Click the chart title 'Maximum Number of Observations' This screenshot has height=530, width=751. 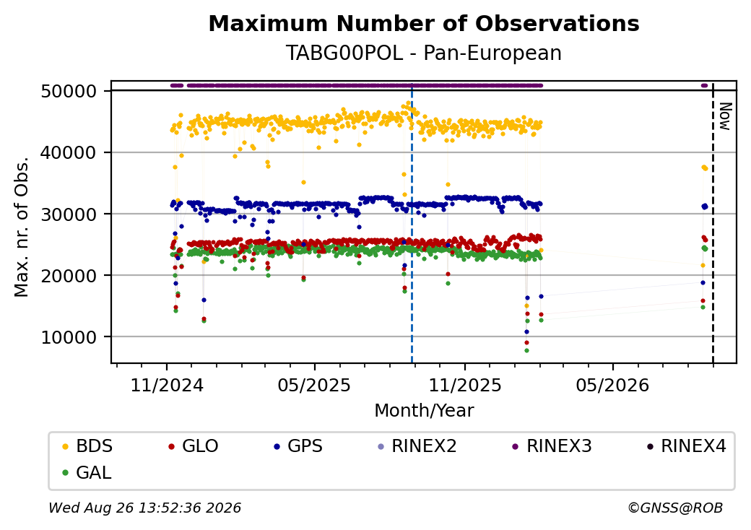(x=424, y=23)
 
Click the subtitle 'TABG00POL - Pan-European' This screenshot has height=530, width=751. (x=424, y=53)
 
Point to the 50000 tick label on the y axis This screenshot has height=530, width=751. (x=69, y=91)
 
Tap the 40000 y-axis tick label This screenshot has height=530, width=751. (x=69, y=153)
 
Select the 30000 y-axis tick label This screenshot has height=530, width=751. (x=69, y=214)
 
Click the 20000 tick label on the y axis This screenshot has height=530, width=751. (x=69, y=276)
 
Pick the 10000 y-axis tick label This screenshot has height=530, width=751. (x=69, y=337)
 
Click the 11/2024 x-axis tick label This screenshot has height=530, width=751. (x=167, y=385)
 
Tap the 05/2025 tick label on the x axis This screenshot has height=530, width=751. (x=314, y=385)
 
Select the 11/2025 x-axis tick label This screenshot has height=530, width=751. (x=464, y=385)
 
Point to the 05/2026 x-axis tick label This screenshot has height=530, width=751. (x=612, y=385)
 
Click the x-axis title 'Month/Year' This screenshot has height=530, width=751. (x=424, y=410)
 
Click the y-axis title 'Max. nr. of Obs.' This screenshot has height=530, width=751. (x=22, y=227)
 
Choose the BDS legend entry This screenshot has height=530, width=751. (x=88, y=446)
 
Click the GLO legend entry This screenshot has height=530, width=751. (x=194, y=446)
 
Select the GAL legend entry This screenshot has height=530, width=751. (x=87, y=472)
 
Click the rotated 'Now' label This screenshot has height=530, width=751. (x=725, y=116)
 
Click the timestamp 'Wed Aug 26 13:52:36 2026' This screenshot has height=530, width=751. (x=145, y=508)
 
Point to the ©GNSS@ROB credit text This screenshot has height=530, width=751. (x=675, y=508)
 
